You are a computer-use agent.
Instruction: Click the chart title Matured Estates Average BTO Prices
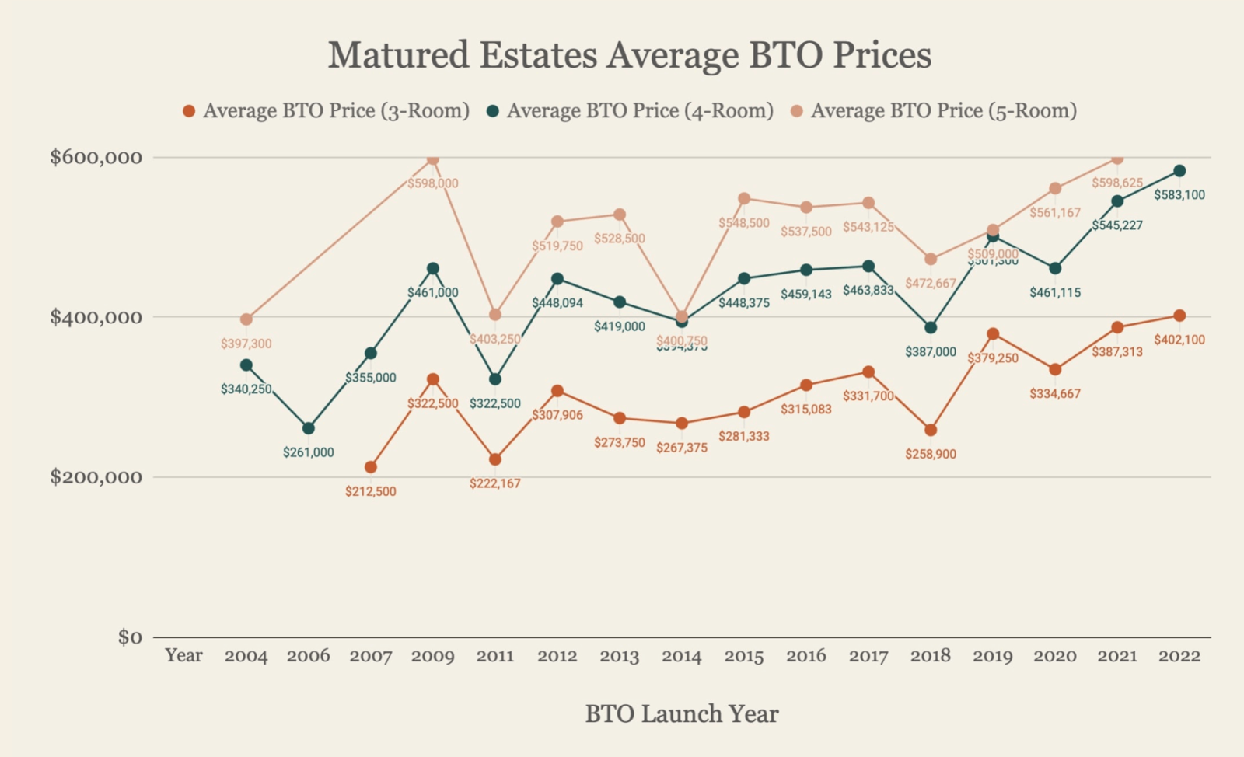pyautogui.click(x=629, y=55)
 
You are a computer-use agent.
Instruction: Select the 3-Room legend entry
pyautogui.click(x=327, y=111)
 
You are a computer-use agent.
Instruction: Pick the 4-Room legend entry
pyautogui.click(x=631, y=111)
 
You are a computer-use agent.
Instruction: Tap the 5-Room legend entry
pyautogui.click(x=935, y=111)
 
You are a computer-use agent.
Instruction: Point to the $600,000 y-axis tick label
pyautogui.click(x=96, y=158)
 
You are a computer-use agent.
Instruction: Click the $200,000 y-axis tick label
pyautogui.click(x=96, y=477)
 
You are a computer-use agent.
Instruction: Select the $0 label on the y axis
pyautogui.click(x=130, y=637)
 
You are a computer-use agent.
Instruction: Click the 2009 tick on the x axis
pyautogui.click(x=433, y=656)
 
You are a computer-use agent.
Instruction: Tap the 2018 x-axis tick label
pyautogui.click(x=931, y=656)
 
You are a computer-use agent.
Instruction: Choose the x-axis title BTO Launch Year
pyautogui.click(x=682, y=714)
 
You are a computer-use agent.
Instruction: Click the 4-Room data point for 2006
pyautogui.click(x=309, y=428)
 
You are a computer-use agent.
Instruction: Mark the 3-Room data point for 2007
pyautogui.click(x=371, y=467)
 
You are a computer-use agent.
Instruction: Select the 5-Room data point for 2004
pyautogui.click(x=246, y=319)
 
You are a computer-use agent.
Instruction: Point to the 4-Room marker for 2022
pyautogui.click(x=1179, y=171)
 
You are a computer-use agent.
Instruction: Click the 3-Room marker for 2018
pyautogui.click(x=931, y=430)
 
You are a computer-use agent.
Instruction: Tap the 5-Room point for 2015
pyautogui.click(x=744, y=198)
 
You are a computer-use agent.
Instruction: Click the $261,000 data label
pyautogui.click(x=309, y=452)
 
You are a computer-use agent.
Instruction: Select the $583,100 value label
pyautogui.click(x=1179, y=195)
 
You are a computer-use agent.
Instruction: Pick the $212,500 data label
pyautogui.click(x=371, y=491)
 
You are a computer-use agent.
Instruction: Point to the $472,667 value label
pyautogui.click(x=931, y=284)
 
